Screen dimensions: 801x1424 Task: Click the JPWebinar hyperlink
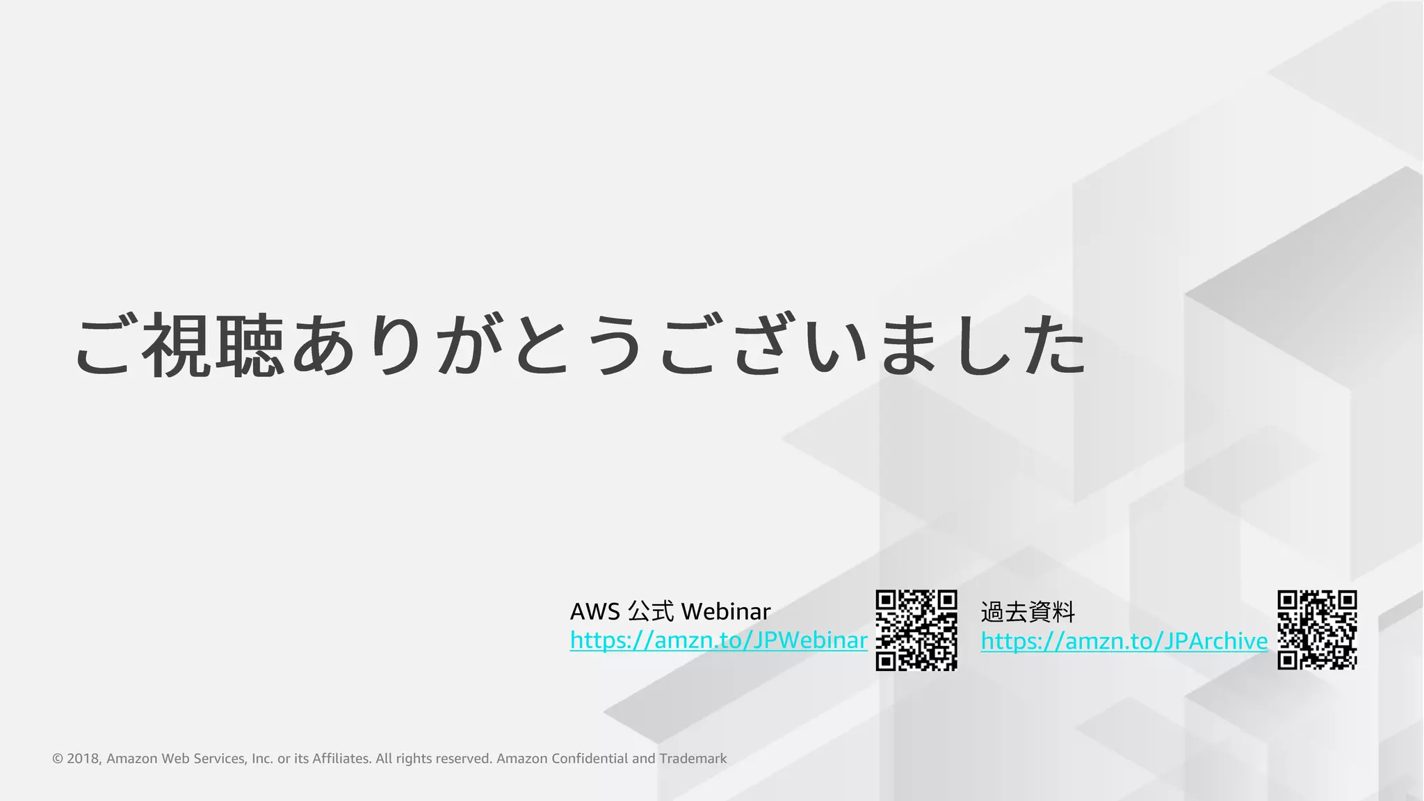click(x=718, y=640)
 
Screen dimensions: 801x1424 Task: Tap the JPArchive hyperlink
click(x=1124, y=640)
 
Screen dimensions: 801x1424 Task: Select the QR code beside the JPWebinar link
click(x=916, y=630)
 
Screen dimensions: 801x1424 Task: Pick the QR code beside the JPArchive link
click(x=1317, y=630)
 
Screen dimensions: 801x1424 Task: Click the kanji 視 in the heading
click(x=177, y=345)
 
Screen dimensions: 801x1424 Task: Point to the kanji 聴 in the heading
click(x=250, y=345)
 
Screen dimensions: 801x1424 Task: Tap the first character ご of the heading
click(x=104, y=345)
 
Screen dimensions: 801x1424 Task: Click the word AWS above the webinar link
click(x=594, y=612)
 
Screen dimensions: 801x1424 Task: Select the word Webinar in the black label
click(x=726, y=612)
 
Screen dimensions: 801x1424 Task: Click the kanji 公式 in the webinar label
click(x=651, y=612)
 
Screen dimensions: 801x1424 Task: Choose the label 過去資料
click(x=1028, y=613)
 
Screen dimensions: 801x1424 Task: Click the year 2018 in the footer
click(x=83, y=759)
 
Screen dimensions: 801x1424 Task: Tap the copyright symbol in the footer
click(x=58, y=759)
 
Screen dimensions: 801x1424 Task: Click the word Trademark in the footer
click(x=693, y=759)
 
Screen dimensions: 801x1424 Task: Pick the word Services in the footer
click(x=219, y=759)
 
